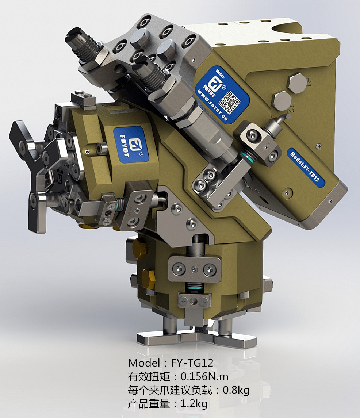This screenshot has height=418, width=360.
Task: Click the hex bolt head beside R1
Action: pyautogui.click(x=296, y=83)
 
